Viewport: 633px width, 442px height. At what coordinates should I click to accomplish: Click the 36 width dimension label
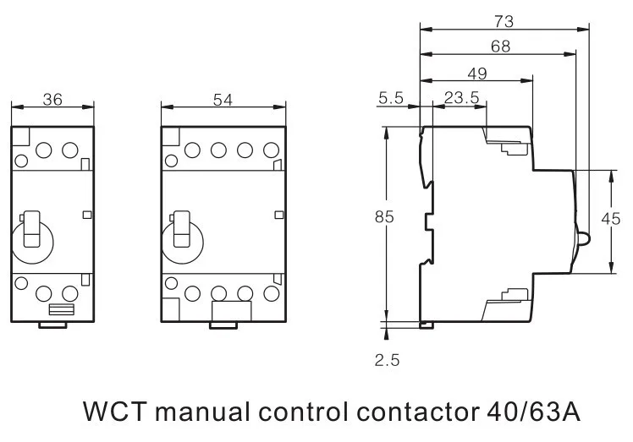click(x=52, y=100)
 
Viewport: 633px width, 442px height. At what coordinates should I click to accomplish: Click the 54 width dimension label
click(x=223, y=100)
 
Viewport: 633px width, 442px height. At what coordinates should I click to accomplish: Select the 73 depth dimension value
click(x=504, y=21)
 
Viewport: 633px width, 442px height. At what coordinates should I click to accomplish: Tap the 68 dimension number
click(x=501, y=46)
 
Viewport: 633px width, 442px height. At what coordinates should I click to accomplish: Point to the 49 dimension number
click(x=477, y=74)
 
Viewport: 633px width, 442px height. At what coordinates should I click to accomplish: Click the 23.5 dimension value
click(x=461, y=97)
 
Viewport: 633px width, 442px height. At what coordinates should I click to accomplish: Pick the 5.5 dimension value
click(x=391, y=97)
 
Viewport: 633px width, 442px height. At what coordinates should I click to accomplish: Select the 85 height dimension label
click(x=384, y=217)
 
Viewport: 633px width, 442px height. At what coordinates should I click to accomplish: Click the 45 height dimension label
click(x=610, y=219)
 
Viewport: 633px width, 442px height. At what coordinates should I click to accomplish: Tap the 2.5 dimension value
click(x=387, y=360)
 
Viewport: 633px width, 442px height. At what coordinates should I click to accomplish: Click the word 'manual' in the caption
click(x=203, y=412)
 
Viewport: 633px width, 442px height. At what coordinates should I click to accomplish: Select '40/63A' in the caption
click(x=534, y=412)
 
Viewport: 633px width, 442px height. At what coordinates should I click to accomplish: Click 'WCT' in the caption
click(x=114, y=412)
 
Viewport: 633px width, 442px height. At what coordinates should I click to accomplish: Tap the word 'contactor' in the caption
click(x=418, y=412)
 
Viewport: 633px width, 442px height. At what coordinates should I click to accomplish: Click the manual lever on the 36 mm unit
click(x=32, y=229)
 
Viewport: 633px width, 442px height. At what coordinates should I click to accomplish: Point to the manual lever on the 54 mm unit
click(x=182, y=229)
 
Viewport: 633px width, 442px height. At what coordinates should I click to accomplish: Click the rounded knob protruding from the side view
click(x=584, y=238)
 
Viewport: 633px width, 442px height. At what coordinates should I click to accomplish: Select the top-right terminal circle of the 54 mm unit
click(x=272, y=150)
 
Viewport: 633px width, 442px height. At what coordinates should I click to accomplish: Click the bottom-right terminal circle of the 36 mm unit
click(x=70, y=293)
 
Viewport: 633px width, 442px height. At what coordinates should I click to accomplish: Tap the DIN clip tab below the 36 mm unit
click(x=52, y=325)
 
